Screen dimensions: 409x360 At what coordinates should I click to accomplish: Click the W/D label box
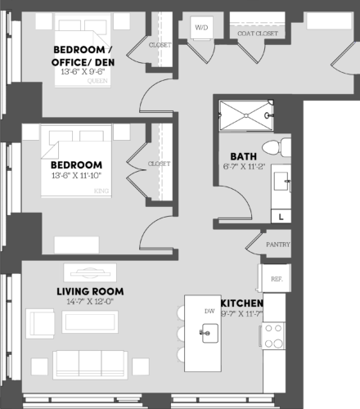click(x=201, y=28)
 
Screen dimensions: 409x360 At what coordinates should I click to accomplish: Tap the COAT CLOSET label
click(x=255, y=34)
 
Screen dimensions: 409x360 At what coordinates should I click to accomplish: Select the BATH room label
click(x=244, y=155)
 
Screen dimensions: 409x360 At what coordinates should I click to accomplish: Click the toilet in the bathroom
click(x=280, y=147)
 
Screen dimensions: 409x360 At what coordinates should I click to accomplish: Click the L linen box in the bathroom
click(x=281, y=218)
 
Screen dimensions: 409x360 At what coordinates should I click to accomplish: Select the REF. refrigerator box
click(x=276, y=279)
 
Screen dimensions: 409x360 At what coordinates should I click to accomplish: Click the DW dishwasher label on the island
click(x=209, y=311)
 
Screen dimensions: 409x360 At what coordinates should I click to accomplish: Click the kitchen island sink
click(x=209, y=331)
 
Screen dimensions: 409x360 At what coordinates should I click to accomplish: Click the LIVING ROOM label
click(x=90, y=291)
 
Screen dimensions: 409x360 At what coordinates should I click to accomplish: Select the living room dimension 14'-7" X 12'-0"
click(x=90, y=302)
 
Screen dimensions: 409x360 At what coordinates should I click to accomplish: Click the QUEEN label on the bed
click(x=97, y=81)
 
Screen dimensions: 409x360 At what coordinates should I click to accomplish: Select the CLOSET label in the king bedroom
click(x=159, y=164)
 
